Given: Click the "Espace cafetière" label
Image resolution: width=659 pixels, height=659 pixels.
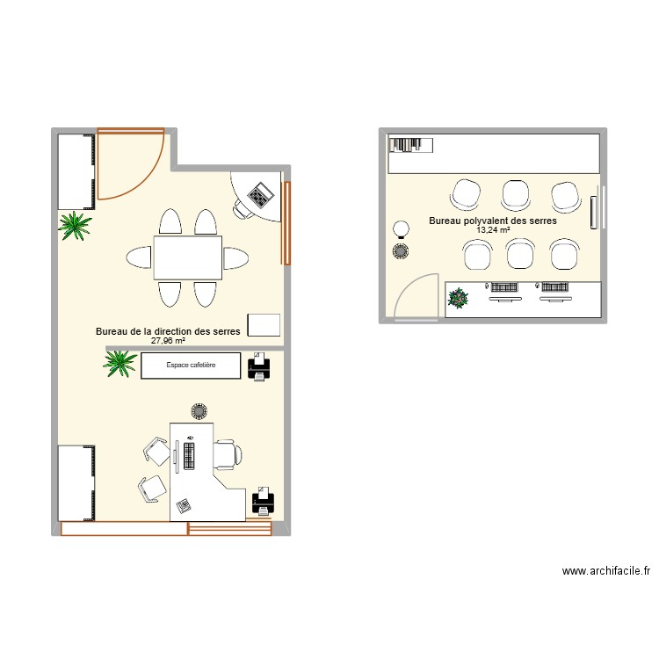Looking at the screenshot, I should coord(190,365).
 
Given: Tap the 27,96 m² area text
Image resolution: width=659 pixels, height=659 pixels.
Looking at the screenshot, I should coord(168,341).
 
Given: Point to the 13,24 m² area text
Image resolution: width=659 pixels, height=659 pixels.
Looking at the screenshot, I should coord(493,230).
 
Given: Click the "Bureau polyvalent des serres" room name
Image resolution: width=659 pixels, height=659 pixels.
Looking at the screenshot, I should coord(493,221).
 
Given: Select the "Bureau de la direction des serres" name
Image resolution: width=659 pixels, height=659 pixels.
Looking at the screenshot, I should coord(168,331).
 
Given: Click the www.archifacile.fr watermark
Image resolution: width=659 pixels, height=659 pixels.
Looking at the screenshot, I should coord(606,571).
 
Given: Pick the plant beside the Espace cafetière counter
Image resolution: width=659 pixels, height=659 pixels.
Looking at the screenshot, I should coord(119,363).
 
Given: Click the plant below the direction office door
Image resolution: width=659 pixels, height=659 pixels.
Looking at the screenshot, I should coord(76,226).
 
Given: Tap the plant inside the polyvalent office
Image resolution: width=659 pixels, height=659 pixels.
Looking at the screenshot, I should coord(459,299).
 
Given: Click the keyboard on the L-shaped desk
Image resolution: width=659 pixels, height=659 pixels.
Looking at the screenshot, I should coord(188,454).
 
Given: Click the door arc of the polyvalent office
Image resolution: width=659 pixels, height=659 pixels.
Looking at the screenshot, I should coord(415,294).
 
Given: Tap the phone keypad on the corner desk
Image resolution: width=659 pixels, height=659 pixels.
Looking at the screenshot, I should coord(260,193).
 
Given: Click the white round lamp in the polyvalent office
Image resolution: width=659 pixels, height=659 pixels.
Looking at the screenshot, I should coord(401,228).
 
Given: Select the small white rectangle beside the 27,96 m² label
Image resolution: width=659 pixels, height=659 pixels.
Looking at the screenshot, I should coord(264,324).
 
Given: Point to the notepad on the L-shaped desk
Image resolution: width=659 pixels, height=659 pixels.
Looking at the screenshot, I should coord(184,505).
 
